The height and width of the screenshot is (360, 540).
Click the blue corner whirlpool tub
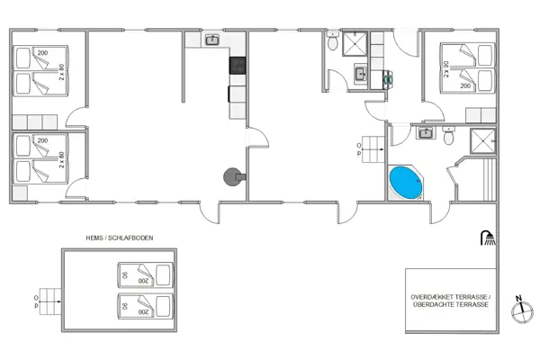coord(404,183)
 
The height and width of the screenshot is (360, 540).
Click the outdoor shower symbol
coord(487,238)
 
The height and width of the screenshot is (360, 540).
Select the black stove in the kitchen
coord(238,65)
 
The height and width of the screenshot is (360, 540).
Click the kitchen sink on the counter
coord(212,40)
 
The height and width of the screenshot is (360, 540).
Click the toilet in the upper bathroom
coord(334,42)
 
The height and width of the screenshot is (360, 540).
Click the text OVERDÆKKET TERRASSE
coord(449,296)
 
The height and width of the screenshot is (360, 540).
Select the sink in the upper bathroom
coord(358,75)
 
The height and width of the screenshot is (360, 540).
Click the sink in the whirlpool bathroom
coord(426,133)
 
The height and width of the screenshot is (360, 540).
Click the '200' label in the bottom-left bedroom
coord(41,141)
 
